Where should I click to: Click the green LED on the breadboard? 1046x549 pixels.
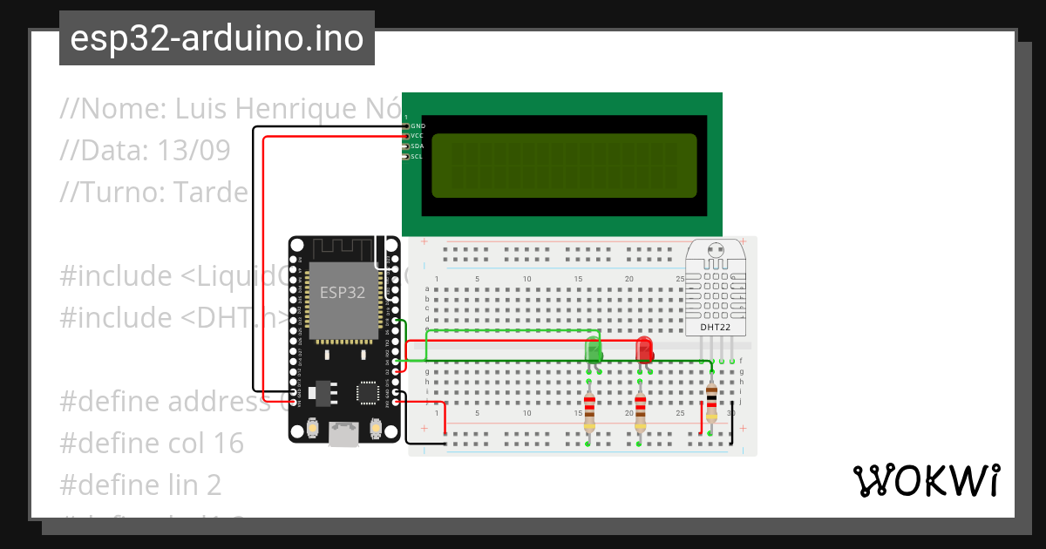pos(593,349)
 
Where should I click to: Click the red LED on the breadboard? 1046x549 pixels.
pos(644,349)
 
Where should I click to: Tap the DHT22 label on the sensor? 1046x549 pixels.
pos(717,328)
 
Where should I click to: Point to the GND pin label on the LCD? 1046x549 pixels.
pos(418,126)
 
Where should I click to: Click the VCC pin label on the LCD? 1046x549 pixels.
pos(418,136)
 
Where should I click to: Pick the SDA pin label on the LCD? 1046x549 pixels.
pos(418,146)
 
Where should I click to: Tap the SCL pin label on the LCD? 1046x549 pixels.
pos(418,157)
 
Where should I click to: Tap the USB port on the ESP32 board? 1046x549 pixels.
pos(344,435)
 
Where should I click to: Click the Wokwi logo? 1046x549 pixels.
pos(926,481)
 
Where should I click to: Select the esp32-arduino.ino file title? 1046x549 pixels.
pos(216,38)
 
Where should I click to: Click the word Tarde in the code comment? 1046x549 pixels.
pos(210,192)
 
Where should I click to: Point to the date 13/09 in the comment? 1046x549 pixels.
pos(194,151)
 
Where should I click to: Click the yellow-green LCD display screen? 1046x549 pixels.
pos(564,166)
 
